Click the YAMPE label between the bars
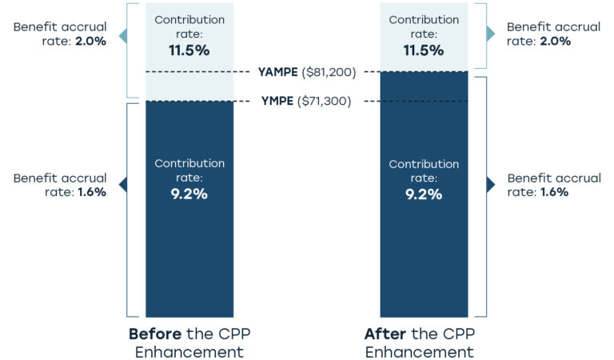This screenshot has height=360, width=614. tap(277, 72)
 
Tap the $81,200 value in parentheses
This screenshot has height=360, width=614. tap(328, 72)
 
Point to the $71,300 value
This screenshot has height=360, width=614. tap(324, 101)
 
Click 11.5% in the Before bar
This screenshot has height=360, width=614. tap(189, 50)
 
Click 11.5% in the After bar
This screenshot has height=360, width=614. tap(424, 50)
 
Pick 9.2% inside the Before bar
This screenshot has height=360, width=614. tap(189, 194)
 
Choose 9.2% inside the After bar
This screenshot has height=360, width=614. tap(424, 194)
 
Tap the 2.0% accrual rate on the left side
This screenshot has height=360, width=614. tap(90, 42)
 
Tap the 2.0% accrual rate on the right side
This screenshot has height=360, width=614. tap(556, 42)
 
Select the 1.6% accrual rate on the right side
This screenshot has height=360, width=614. tap(554, 192)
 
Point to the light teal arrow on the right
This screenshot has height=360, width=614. tap(490, 34)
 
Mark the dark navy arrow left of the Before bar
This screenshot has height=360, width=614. tap(122, 185)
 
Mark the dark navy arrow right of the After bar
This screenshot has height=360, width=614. tap(490, 185)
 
